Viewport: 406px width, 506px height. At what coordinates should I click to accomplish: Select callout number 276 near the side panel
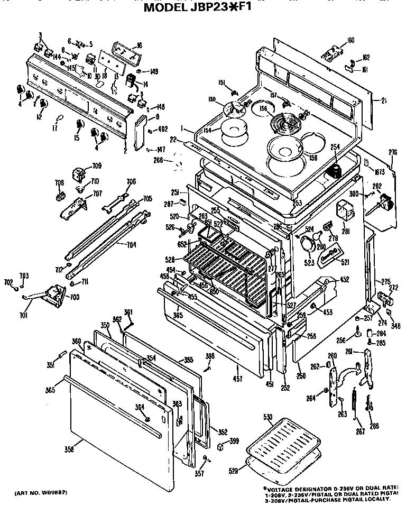(392, 153)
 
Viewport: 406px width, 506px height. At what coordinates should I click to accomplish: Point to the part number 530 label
(269, 418)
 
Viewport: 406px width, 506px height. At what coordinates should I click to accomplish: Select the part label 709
(96, 166)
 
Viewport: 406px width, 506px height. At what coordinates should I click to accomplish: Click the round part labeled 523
(306, 245)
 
